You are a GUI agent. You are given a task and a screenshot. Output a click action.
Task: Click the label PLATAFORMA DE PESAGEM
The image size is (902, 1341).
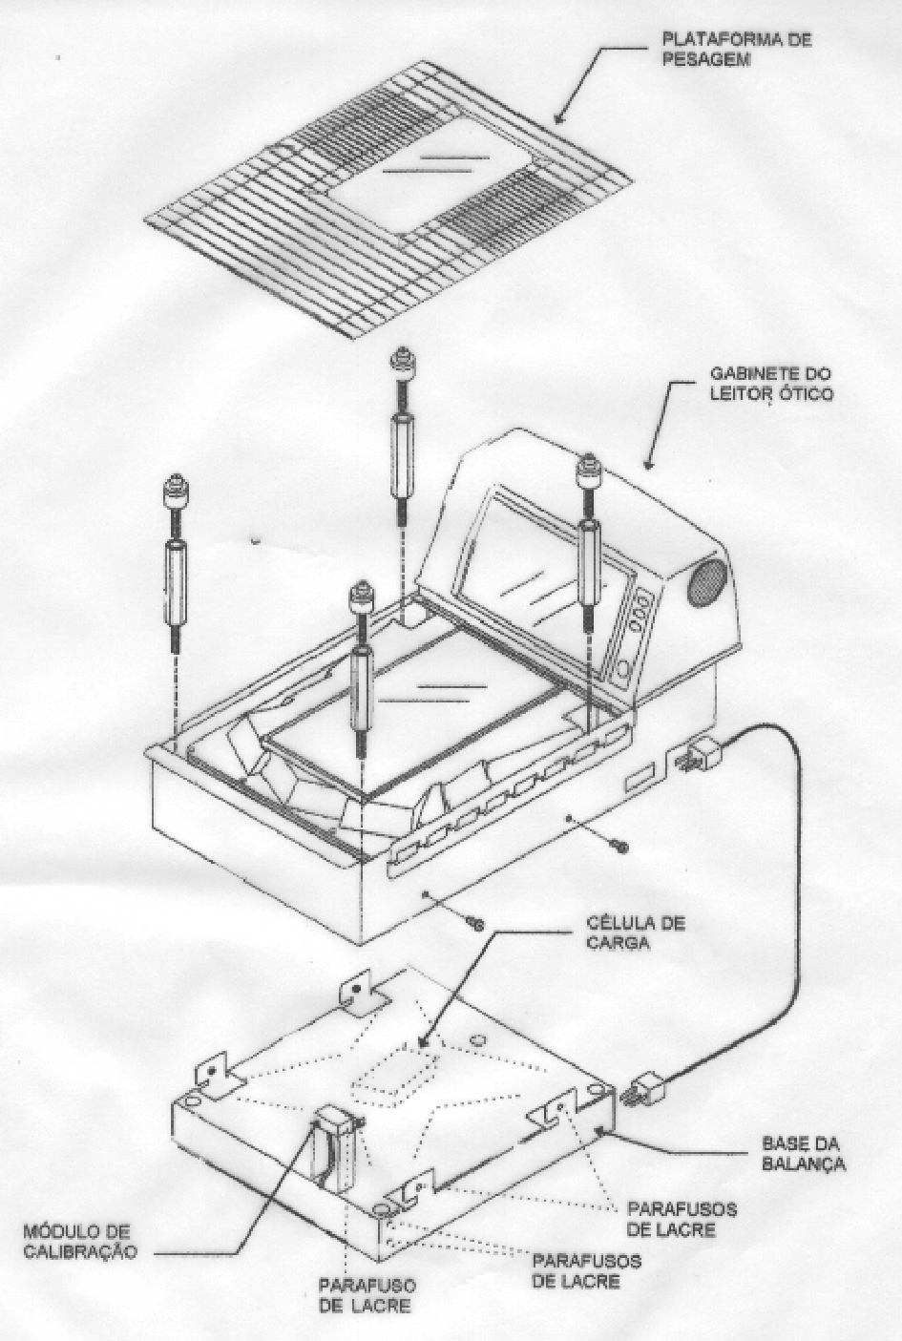coord(736,49)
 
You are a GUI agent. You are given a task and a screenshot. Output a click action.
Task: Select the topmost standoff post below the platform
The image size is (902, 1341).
coord(402,440)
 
